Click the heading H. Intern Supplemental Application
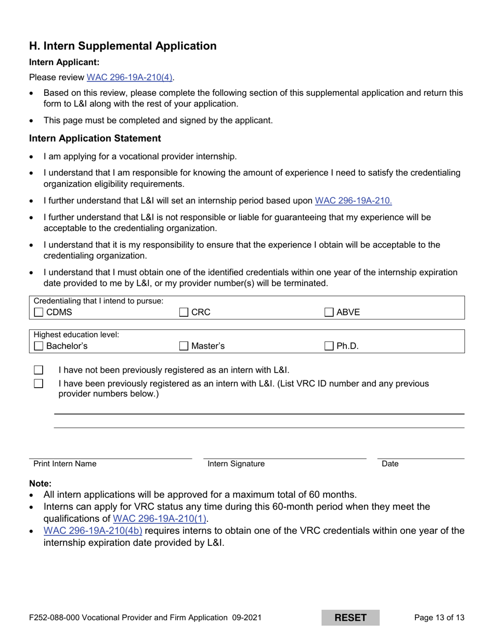tap(123, 46)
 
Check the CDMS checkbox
tap(38, 313)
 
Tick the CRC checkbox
tap(184, 313)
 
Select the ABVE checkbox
tap(329, 313)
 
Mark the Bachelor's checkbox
tap(38, 346)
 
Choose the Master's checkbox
tap(184, 346)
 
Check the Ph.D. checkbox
tap(329, 346)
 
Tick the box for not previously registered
tap(38, 370)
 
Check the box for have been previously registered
tap(38, 384)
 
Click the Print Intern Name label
tap(65, 464)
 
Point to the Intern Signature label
tap(236, 464)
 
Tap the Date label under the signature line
tap(390, 464)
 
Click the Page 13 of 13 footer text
tap(439, 618)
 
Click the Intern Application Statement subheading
tap(95, 138)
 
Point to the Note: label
tap(41, 483)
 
